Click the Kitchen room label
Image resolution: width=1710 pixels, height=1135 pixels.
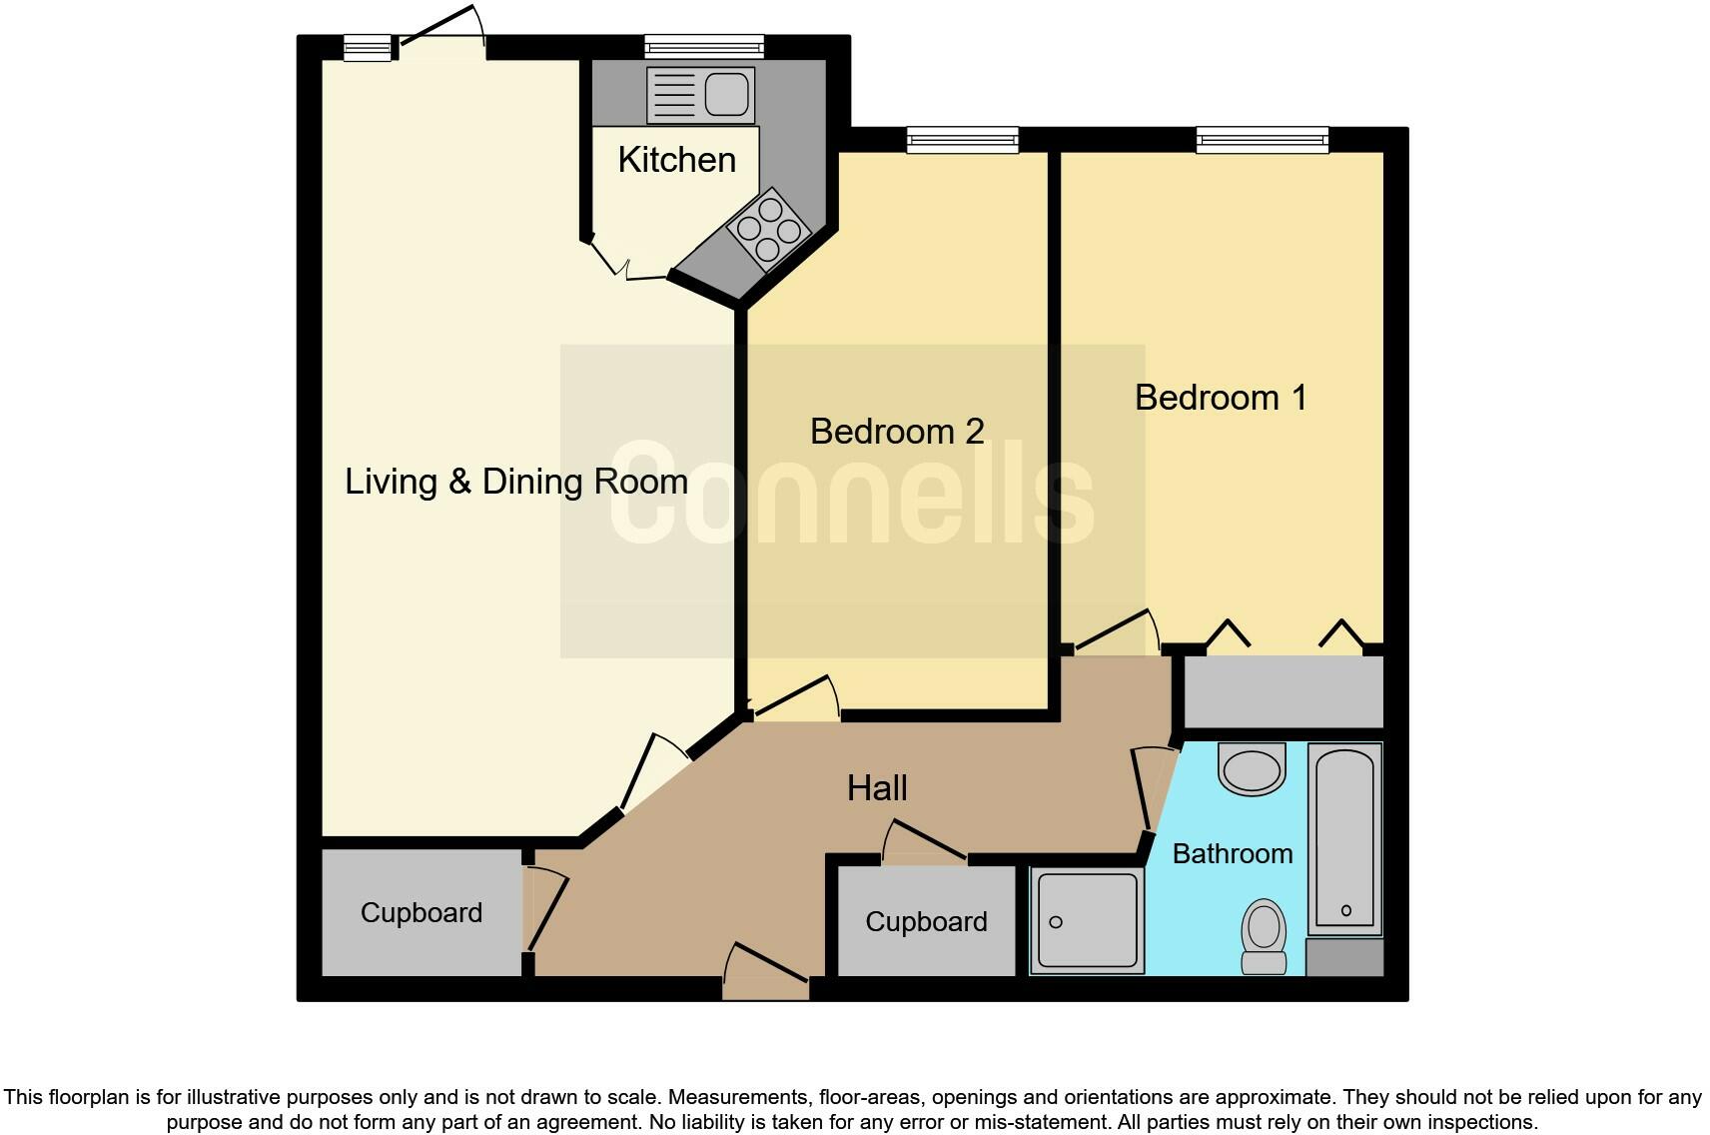click(676, 160)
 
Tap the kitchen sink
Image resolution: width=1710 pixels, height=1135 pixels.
click(699, 95)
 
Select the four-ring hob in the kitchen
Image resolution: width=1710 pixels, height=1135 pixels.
click(768, 230)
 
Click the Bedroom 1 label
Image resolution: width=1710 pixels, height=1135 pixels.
click(1221, 398)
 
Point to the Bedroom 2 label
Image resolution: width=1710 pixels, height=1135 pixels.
click(897, 432)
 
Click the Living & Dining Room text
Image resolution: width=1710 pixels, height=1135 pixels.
click(516, 482)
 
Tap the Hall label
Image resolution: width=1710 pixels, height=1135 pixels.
click(877, 788)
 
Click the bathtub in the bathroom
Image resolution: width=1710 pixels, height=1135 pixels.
click(1344, 837)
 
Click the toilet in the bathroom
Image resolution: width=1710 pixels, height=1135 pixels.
click(1264, 935)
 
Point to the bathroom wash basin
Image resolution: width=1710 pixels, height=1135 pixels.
click(1252, 769)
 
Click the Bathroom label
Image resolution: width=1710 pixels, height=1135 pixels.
click(1232, 854)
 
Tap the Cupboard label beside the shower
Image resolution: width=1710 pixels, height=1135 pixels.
click(926, 922)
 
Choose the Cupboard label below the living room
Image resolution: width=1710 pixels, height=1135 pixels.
click(421, 913)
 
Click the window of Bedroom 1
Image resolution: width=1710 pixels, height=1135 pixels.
click(1263, 140)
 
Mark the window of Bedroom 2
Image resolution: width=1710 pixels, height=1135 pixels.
click(962, 140)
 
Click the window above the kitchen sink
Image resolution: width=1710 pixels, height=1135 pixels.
click(704, 47)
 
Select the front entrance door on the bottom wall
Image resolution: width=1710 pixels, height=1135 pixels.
click(766, 987)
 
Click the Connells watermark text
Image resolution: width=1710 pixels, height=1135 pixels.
click(851, 495)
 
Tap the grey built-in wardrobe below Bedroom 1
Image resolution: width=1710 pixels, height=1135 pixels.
click(1283, 691)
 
